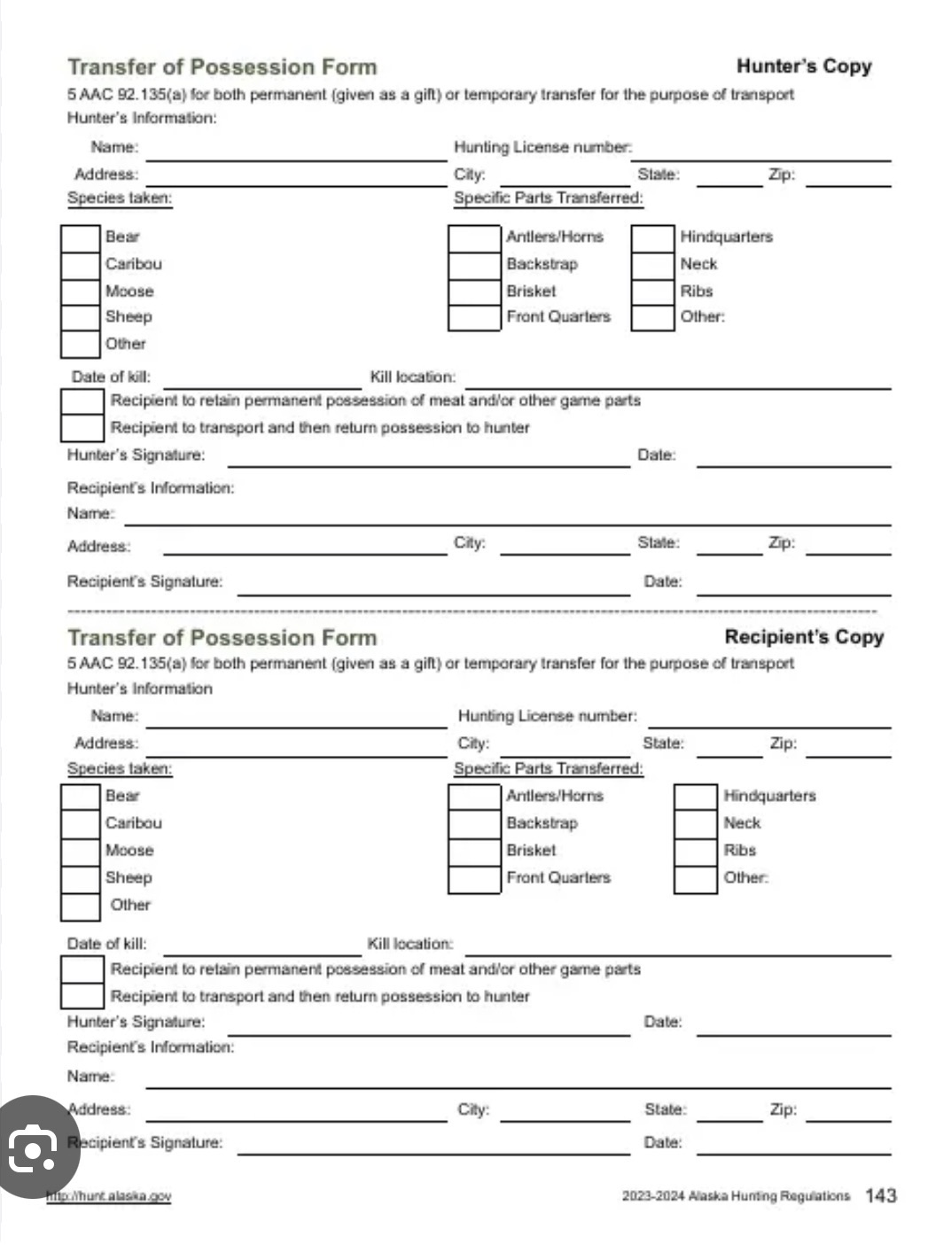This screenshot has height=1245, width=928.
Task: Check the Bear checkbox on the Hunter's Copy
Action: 80,238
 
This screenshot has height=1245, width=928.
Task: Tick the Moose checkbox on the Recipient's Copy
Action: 80,852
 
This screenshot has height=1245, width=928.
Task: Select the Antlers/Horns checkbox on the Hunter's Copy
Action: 474,238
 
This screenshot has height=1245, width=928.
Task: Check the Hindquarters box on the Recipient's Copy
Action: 695,797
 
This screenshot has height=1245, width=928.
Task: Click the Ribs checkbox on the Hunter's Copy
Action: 652,292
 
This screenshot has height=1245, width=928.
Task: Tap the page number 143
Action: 880,1195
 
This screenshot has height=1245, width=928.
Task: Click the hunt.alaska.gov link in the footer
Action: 109,1196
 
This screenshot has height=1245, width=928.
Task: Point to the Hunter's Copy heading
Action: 804,66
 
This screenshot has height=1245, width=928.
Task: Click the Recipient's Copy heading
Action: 804,637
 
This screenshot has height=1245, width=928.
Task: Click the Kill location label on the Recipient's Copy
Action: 409,944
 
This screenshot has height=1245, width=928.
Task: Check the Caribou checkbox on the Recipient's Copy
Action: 80,824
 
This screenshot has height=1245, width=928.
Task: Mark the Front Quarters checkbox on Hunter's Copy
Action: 474,317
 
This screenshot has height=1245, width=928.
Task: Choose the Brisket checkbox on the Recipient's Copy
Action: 474,852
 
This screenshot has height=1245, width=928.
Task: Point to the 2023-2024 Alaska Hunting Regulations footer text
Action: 735,1196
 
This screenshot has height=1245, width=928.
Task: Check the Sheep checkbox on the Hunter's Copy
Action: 80,317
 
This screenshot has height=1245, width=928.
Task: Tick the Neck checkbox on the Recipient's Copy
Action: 695,824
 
